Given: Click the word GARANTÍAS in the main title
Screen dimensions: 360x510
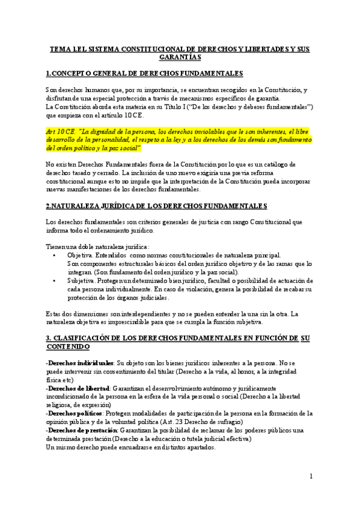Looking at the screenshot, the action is pos(180,57).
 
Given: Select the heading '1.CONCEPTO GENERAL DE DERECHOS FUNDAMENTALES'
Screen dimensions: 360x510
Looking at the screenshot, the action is pos(144,74).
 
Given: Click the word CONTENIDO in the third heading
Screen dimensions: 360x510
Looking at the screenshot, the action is pos(68,347).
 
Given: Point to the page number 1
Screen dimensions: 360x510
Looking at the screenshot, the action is pos(312,476).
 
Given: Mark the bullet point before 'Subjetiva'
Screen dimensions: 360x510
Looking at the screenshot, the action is pos(55,281).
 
